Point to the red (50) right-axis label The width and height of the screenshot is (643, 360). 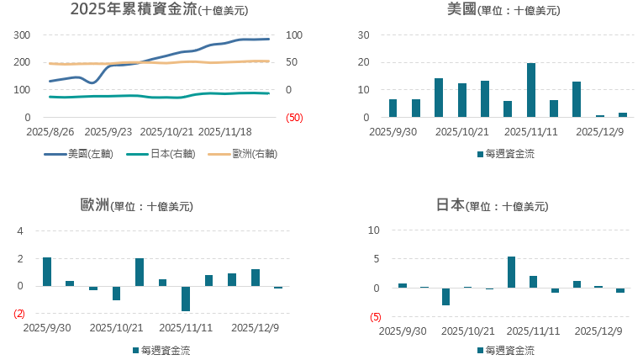[294, 118]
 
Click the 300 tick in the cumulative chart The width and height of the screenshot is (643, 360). [23, 35]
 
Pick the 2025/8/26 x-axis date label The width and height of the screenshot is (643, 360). [50, 132]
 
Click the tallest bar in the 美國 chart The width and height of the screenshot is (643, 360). [531, 90]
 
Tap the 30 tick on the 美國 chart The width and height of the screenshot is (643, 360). [364, 35]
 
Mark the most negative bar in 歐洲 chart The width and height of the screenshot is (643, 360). [186, 299]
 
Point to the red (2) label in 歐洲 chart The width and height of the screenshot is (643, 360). [18, 314]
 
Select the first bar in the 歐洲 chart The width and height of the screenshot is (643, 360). [47, 272]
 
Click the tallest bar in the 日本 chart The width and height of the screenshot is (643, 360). [511, 273]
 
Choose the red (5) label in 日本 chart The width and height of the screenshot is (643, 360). [376, 317]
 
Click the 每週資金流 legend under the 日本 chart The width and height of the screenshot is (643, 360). [504, 350]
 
